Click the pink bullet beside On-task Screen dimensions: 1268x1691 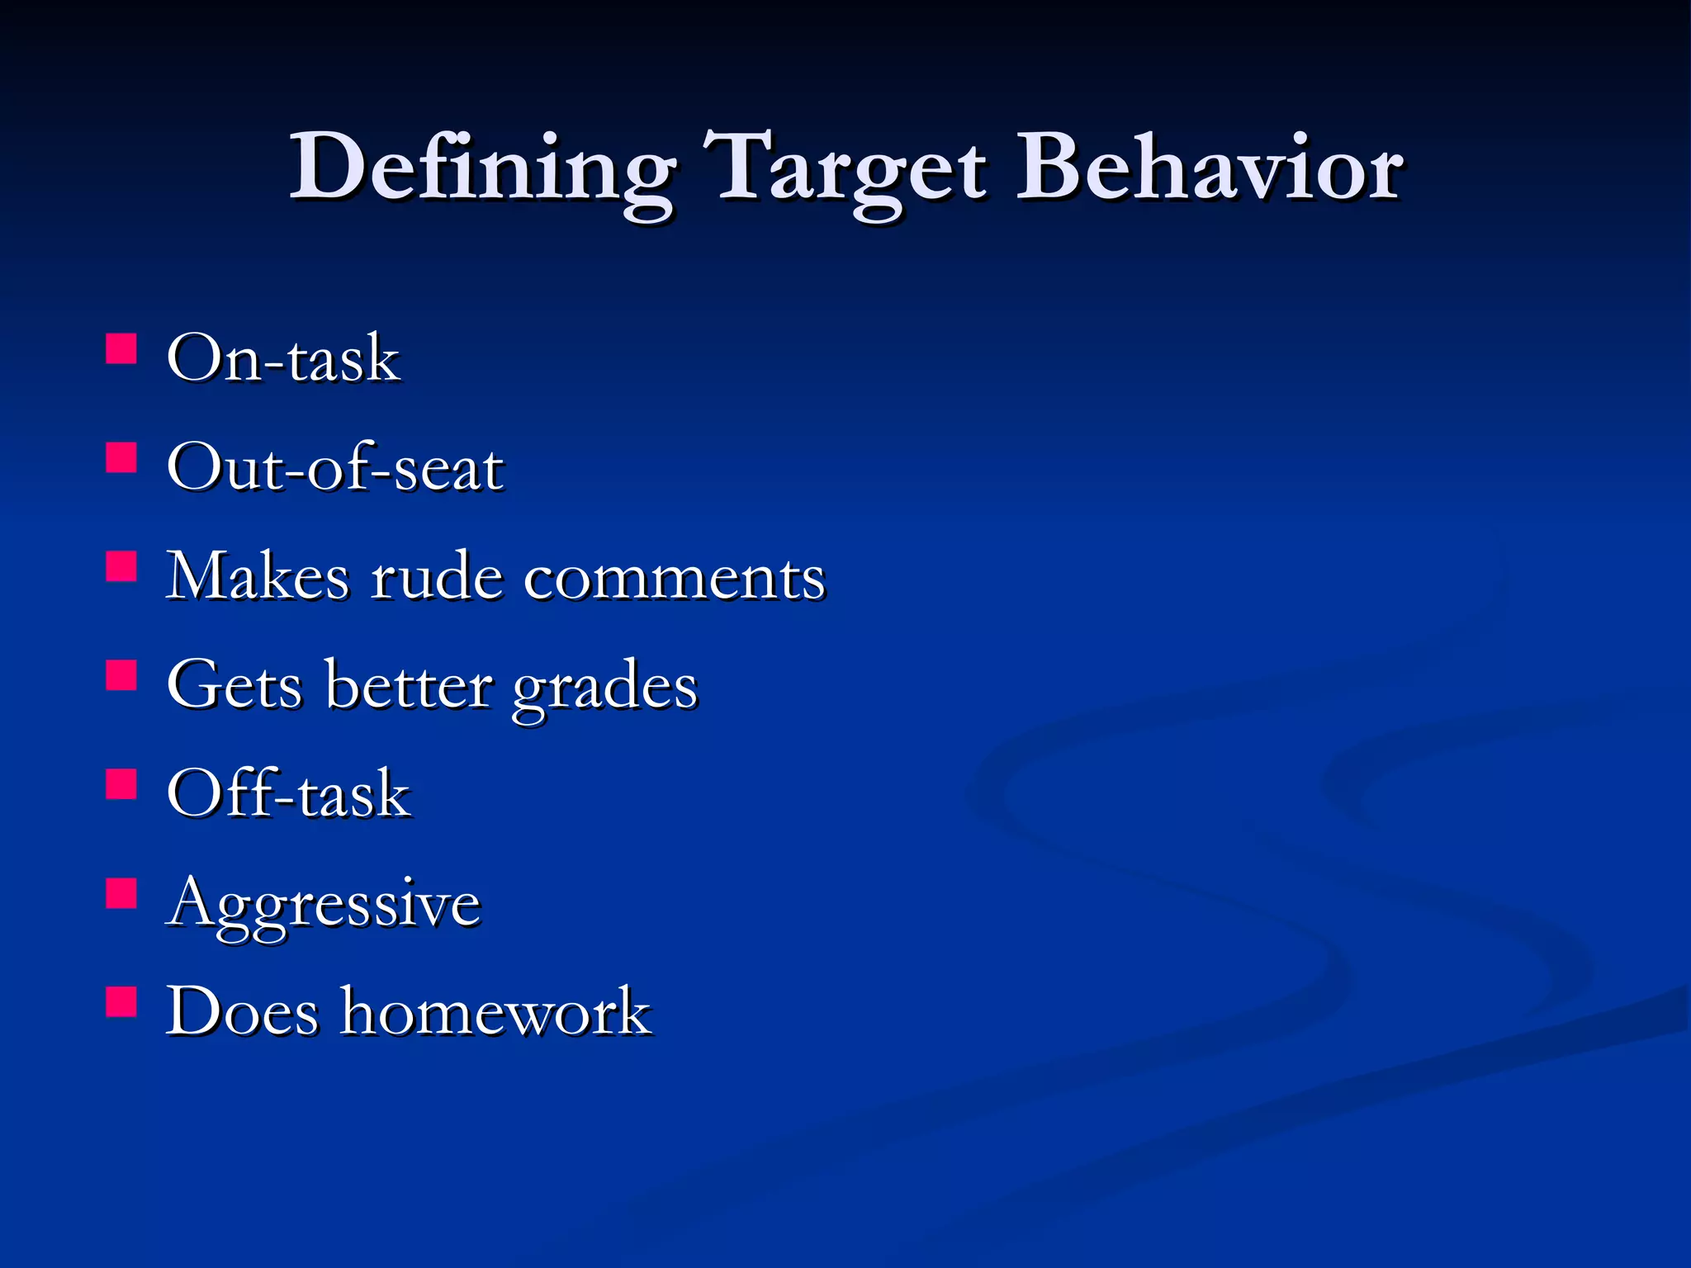[x=121, y=348]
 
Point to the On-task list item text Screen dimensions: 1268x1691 [x=283, y=359]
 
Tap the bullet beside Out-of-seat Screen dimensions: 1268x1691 [x=121, y=457]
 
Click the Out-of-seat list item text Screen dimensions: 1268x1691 [x=334, y=468]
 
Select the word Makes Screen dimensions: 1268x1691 [x=258, y=576]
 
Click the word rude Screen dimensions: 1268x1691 [x=436, y=576]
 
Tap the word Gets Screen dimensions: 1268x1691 [x=234, y=685]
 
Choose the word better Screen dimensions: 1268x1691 [x=410, y=685]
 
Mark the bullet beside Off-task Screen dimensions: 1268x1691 [x=121, y=784]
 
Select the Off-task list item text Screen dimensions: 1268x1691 [x=288, y=794]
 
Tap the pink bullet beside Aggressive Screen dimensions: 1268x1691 [x=121, y=893]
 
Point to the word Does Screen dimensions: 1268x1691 [x=242, y=1011]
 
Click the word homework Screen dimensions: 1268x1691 [x=496, y=1011]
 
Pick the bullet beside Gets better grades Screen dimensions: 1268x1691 [x=121, y=675]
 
